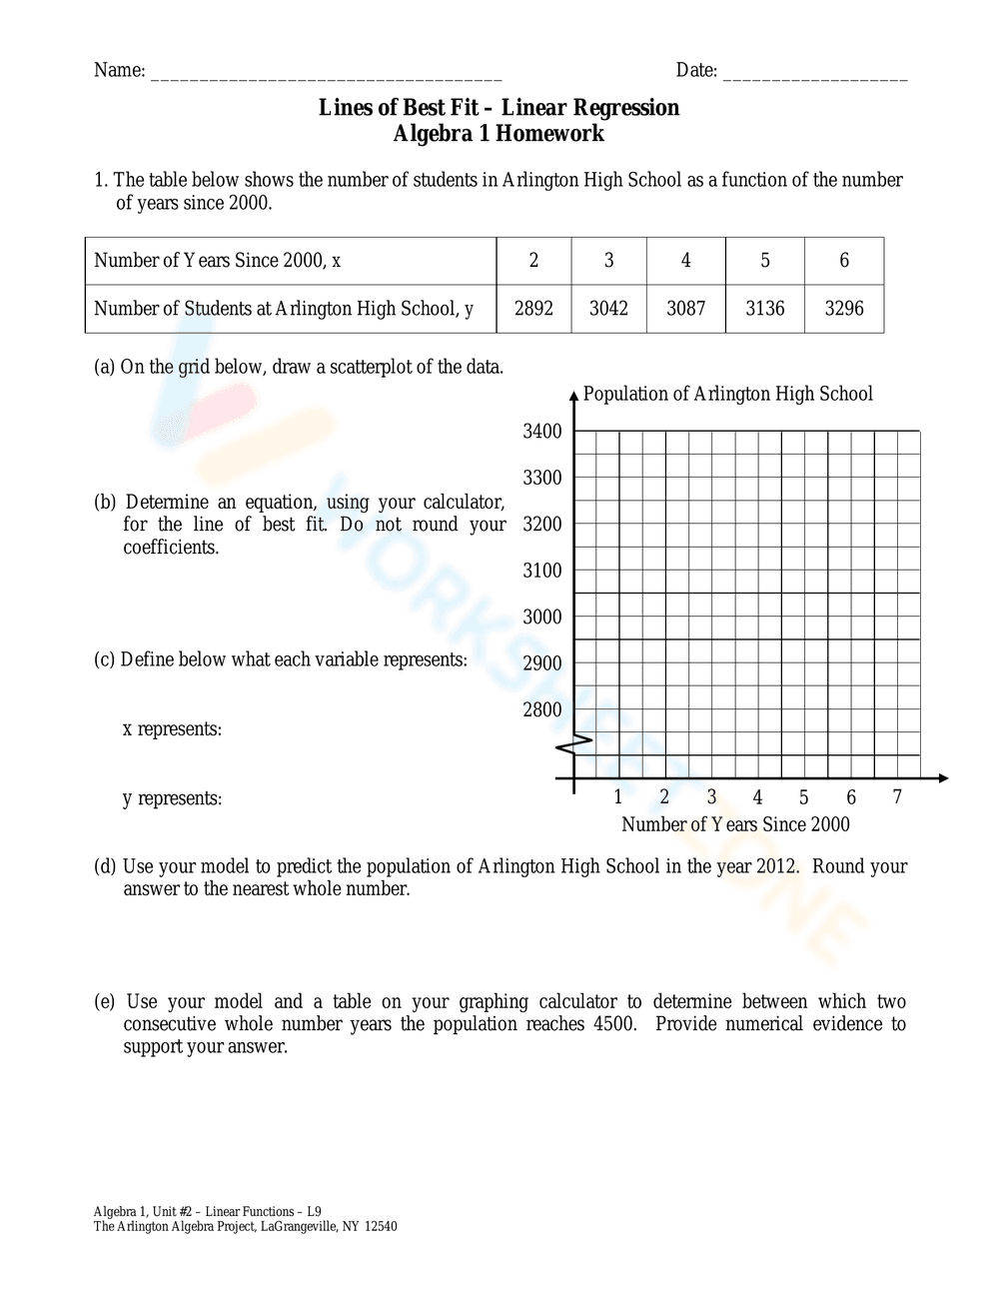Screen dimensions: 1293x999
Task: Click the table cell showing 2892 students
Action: tap(533, 309)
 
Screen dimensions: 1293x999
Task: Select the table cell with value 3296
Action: tap(844, 309)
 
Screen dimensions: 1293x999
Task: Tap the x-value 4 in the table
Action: tap(686, 261)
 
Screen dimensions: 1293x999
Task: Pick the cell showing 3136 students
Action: tap(765, 309)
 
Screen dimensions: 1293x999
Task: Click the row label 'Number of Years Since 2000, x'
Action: tap(218, 261)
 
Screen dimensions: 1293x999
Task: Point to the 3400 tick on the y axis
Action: tap(542, 432)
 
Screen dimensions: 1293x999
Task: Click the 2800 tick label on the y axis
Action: tap(542, 710)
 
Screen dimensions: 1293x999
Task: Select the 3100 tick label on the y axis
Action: tap(542, 571)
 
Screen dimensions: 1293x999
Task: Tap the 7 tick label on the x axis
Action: tap(897, 797)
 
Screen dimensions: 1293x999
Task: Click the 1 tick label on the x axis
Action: tap(618, 797)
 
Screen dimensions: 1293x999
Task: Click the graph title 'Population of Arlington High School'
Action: tap(727, 394)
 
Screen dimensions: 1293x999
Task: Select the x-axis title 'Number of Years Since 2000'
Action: tap(735, 824)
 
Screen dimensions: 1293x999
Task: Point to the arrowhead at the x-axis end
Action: tap(942, 778)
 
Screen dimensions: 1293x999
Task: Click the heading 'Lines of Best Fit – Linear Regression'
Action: tap(499, 108)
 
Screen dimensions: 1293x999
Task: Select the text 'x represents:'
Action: tap(172, 729)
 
